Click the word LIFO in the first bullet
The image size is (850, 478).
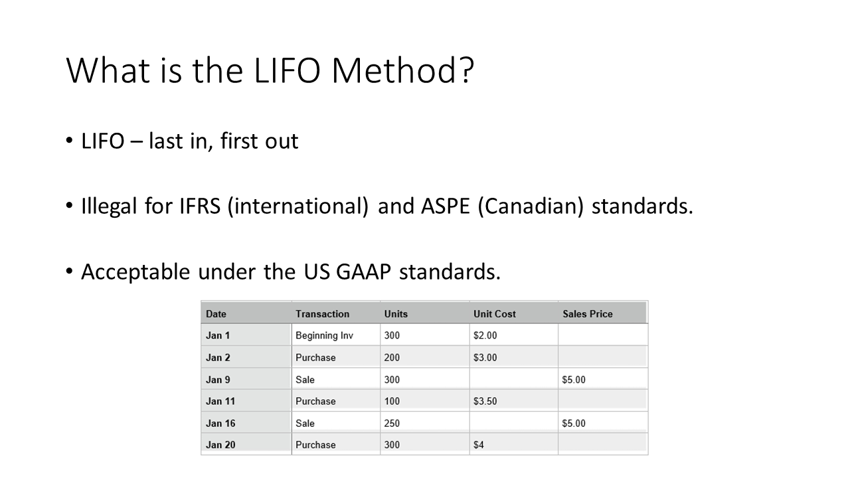(103, 141)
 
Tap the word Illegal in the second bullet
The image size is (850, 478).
(109, 206)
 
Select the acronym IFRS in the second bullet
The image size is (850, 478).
(200, 206)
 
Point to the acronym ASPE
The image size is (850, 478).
(446, 206)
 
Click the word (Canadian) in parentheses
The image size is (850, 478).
(531, 206)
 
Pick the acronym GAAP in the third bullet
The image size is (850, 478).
(363, 272)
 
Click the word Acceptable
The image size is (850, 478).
(135, 272)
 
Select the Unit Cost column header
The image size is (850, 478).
(495, 314)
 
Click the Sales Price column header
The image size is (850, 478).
(588, 314)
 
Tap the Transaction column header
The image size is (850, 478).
(322, 314)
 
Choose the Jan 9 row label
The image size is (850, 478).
(218, 380)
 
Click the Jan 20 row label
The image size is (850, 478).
(220, 445)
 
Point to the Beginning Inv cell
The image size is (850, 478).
(324, 336)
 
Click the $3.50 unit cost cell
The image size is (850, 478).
(485, 401)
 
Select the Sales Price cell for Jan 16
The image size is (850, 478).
(574, 423)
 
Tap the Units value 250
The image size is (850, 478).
(392, 423)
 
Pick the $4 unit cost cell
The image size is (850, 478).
(479, 445)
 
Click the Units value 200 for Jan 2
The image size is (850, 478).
(392, 357)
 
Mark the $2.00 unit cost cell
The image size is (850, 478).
(485, 335)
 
